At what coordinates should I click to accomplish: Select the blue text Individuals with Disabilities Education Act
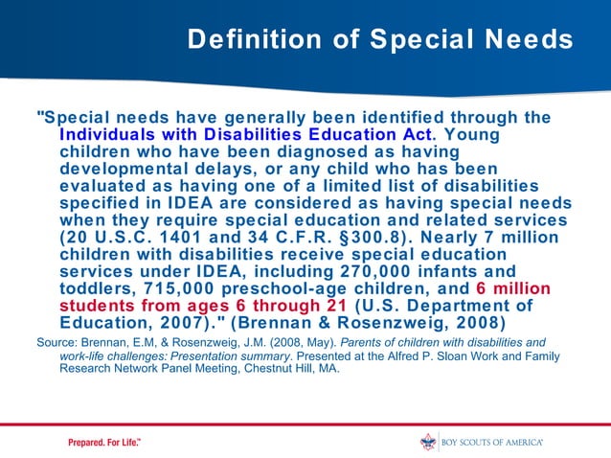247,134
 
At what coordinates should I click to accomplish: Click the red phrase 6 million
512,288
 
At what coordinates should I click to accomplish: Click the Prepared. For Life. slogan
104,442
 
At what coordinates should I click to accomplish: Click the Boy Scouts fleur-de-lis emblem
428,442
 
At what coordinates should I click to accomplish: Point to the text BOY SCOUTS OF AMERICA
492,442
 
